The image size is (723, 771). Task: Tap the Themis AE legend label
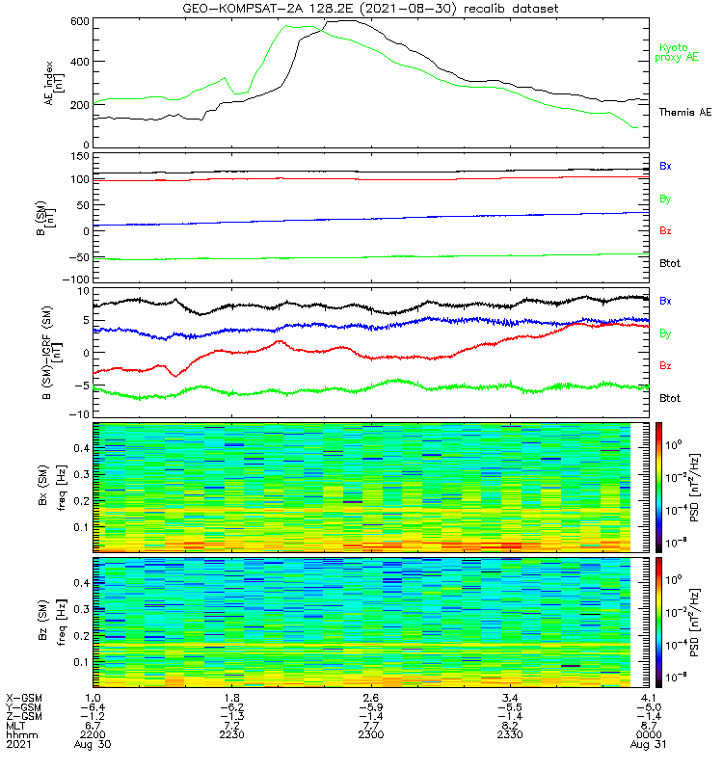tap(684, 113)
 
